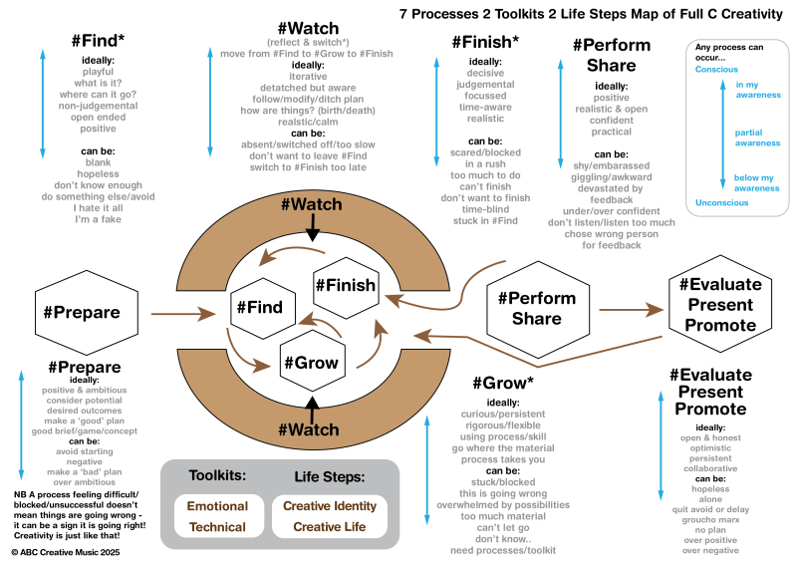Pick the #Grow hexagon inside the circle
pos(310,363)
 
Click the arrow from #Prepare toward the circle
pos(183,314)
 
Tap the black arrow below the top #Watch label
pos(313,228)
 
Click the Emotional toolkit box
pos(217,506)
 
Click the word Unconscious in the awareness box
pos(723,202)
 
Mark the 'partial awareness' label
pos(756,138)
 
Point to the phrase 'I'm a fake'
pos(98,219)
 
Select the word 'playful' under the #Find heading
pos(98,72)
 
